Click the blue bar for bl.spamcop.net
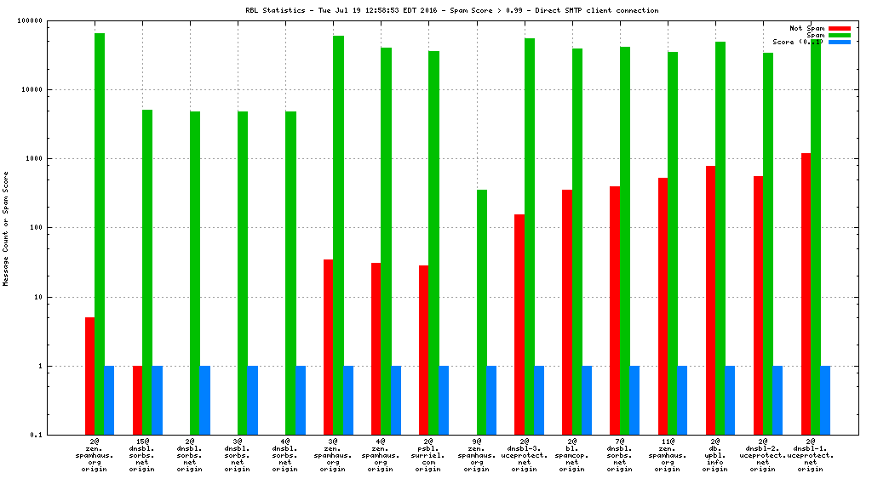[587, 400]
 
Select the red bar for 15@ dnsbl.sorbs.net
[137, 400]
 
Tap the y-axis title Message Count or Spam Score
[6, 228]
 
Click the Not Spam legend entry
[807, 28]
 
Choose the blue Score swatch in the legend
[839, 42]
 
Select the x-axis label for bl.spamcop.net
[572, 455]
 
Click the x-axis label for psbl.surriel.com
[429, 455]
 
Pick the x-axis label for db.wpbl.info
[715, 455]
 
